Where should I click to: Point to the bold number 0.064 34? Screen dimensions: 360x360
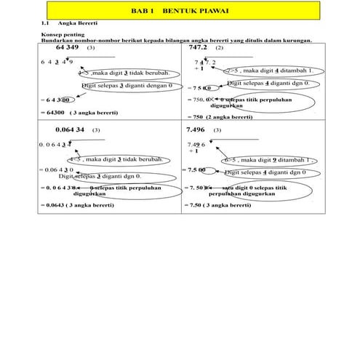pos(71,129)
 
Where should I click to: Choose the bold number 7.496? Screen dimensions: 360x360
pos(198,129)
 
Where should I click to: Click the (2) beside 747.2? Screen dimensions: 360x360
pos(220,48)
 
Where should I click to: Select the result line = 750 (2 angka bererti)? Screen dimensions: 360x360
pos(219,116)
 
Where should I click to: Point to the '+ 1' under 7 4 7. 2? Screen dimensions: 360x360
pos(199,68)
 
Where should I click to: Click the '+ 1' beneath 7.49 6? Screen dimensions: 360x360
pos(193,151)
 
